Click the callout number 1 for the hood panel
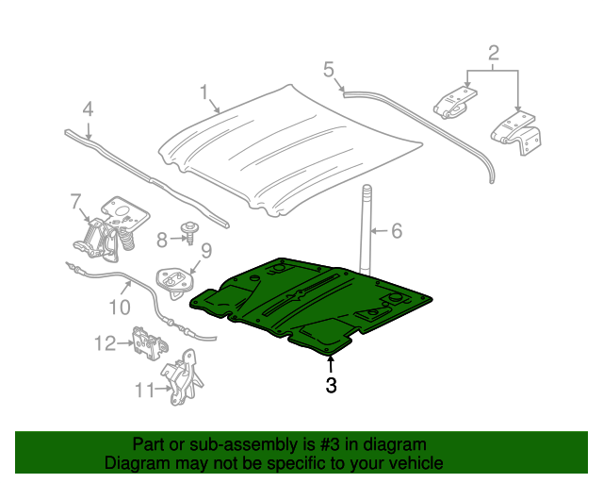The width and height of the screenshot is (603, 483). click(x=204, y=92)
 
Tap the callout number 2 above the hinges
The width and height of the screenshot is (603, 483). click(x=494, y=53)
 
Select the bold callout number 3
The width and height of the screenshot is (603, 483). click(x=331, y=385)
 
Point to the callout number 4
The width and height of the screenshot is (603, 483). click(x=88, y=109)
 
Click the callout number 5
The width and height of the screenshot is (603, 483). click(x=329, y=70)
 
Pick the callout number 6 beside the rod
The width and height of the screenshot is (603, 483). click(x=397, y=231)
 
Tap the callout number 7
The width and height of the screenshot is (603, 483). click(x=75, y=202)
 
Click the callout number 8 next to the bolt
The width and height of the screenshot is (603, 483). click(x=162, y=241)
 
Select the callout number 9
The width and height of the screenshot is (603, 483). click(x=206, y=251)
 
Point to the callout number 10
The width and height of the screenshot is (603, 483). click(x=120, y=308)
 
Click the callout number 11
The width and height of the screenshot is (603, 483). click(x=144, y=391)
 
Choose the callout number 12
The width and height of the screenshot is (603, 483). click(x=105, y=343)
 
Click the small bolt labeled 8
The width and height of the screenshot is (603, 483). click(x=189, y=232)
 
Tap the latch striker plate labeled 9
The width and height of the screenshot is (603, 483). click(x=175, y=283)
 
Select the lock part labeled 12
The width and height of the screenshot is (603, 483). click(x=150, y=343)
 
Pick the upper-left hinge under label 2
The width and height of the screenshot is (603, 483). click(x=455, y=103)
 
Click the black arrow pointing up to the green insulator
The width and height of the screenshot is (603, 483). click(x=330, y=364)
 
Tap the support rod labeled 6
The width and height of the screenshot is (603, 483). click(x=366, y=230)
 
